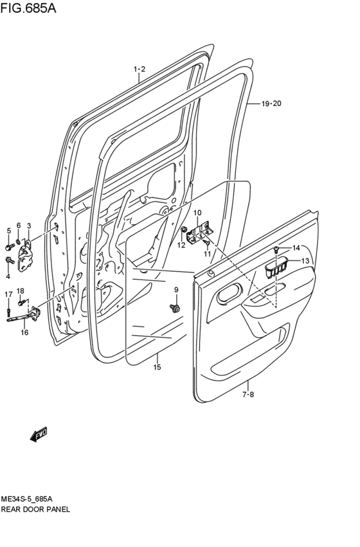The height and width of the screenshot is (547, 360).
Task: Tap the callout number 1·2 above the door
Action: pos(139,69)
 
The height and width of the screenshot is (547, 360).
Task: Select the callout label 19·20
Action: pos(271,103)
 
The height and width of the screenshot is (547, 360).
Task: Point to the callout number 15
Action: pos(157,367)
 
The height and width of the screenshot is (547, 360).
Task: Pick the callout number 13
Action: pos(305,260)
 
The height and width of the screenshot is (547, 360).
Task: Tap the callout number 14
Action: pos(296,248)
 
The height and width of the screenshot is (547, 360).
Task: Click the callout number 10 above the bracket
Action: pos(197,213)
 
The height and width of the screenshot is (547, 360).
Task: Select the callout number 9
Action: pos(175,290)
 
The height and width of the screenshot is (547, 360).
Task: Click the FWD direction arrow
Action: pos(39,435)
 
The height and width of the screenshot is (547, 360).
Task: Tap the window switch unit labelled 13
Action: pos(277,267)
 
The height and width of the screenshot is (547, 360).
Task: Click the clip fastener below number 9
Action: pos(175,309)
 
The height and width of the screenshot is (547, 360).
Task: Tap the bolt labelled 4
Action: pos(9,260)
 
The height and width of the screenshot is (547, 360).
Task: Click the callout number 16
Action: pos(24,332)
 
